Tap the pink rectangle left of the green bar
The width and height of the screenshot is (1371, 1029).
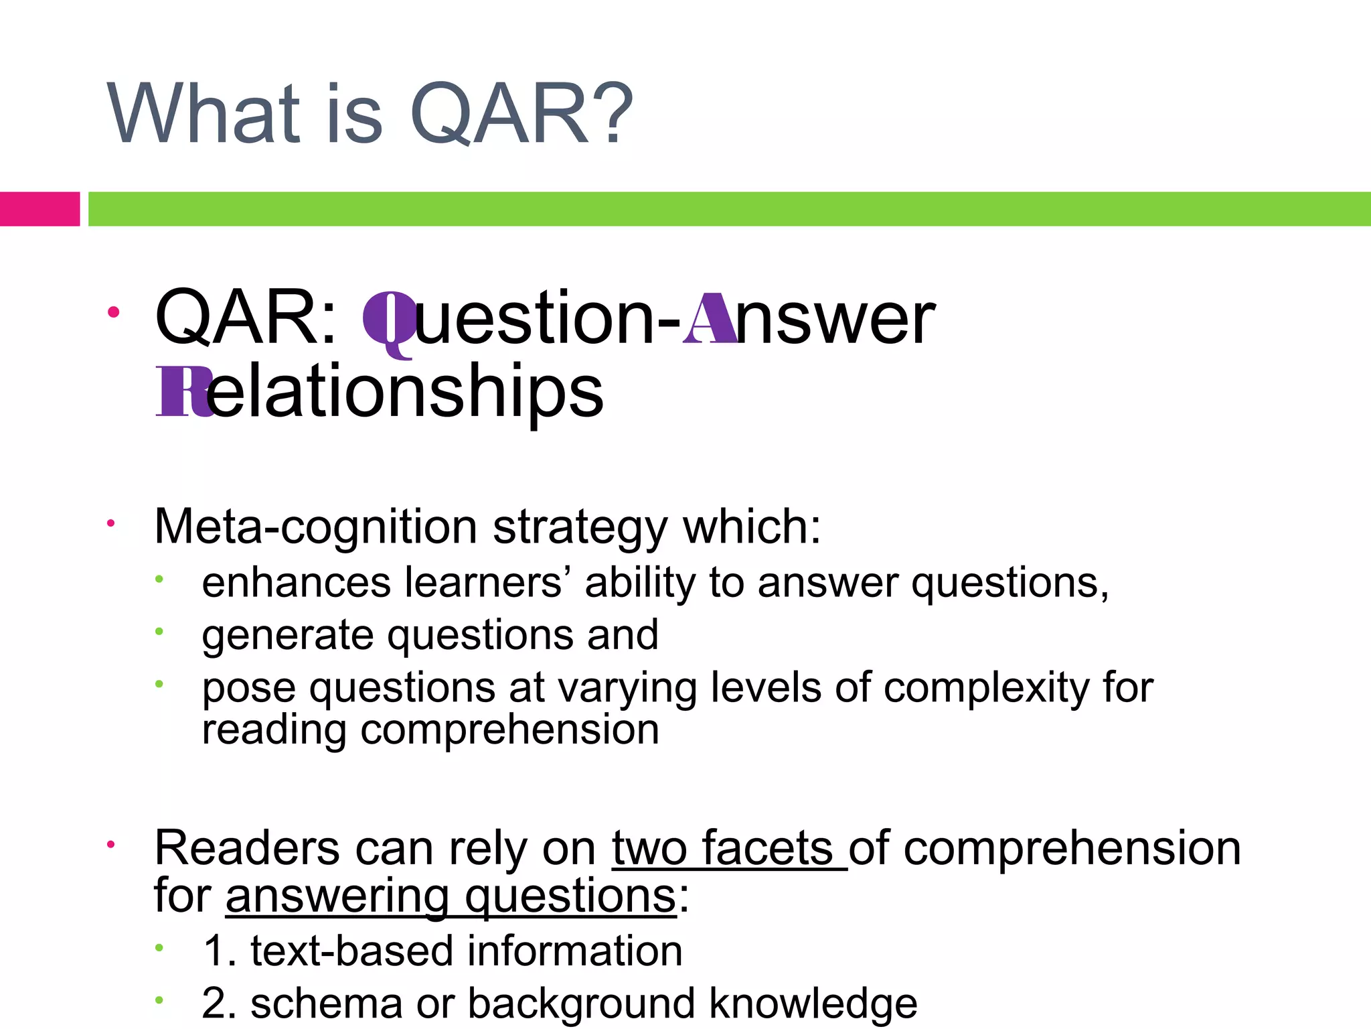(39, 208)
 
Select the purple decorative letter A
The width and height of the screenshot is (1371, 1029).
(709, 320)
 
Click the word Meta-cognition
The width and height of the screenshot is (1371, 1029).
(315, 527)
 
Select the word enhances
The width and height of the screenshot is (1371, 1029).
(297, 582)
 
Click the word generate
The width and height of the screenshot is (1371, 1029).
(288, 636)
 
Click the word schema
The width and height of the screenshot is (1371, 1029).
(326, 1003)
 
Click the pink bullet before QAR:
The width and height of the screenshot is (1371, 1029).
(114, 312)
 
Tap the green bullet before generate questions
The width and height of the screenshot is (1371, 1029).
(159, 631)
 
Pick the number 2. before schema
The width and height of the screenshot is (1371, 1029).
(220, 1003)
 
